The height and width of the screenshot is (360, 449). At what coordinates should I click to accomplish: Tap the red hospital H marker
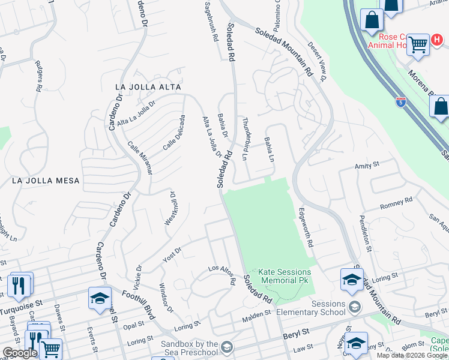438,40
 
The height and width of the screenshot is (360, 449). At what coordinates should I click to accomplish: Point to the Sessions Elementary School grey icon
355,307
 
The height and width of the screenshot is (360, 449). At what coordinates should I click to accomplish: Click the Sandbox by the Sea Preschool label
188,348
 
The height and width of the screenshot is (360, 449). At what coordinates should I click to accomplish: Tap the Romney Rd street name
396,203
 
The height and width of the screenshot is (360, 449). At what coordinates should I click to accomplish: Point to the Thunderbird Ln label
245,139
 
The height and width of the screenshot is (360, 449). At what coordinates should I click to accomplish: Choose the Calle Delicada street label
173,133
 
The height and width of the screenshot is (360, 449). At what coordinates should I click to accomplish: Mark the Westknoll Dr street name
170,208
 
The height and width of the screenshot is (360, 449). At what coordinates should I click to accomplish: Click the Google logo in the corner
20,353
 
